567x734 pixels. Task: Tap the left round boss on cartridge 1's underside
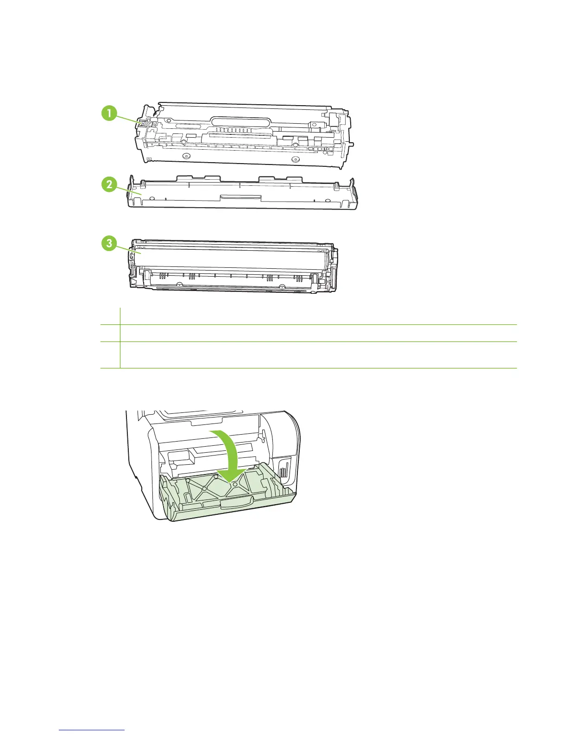coord(186,156)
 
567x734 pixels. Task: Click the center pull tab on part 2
coord(241,197)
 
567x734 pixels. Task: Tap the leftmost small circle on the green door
coord(188,481)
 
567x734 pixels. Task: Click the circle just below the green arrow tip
coord(235,485)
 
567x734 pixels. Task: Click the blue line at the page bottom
coord(92,730)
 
